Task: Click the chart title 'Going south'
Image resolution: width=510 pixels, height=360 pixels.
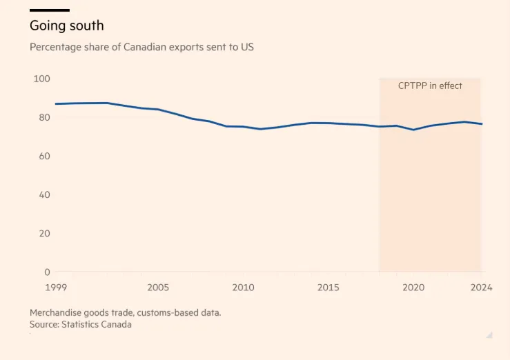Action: pyautogui.click(x=66, y=26)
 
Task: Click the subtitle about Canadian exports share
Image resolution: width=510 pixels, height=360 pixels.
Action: pyautogui.click(x=142, y=48)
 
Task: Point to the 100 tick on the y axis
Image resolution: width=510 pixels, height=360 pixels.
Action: pyautogui.click(x=42, y=79)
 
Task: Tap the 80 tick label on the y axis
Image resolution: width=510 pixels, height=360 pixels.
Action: pyautogui.click(x=43, y=117)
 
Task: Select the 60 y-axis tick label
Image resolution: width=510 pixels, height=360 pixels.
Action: pyautogui.click(x=43, y=156)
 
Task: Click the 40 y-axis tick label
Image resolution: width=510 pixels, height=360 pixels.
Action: pyautogui.click(x=43, y=194)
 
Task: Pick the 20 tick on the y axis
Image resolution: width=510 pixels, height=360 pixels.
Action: pyautogui.click(x=43, y=233)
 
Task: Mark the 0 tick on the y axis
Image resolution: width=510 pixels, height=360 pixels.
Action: pyautogui.click(x=48, y=272)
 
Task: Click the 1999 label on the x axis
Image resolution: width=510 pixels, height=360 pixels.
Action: pyautogui.click(x=57, y=288)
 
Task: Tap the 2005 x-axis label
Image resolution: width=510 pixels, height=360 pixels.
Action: pyautogui.click(x=158, y=288)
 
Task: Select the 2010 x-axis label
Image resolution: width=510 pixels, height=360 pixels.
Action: pyautogui.click(x=243, y=288)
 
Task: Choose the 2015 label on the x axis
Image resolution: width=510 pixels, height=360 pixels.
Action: pyautogui.click(x=328, y=288)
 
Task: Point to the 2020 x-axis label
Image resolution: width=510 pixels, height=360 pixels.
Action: pyautogui.click(x=413, y=288)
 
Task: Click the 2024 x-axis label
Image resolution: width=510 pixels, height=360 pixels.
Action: pyautogui.click(x=480, y=288)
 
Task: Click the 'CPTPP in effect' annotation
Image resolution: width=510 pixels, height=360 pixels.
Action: pyautogui.click(x=430, y=86)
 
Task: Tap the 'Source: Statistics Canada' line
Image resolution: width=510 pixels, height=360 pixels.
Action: pyautogui.click(x=80, y=324)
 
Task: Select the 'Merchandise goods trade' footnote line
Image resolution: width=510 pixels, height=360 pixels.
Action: pyautogui.click(x=125, y=312)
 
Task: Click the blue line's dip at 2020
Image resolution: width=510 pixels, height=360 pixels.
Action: pyautogui.click(x=413, y=130)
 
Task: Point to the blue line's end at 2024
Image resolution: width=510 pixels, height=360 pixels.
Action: pyautogui.click(x=481, y=124)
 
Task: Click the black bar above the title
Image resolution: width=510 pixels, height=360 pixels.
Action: pyautogui.click(x=50, y=10)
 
